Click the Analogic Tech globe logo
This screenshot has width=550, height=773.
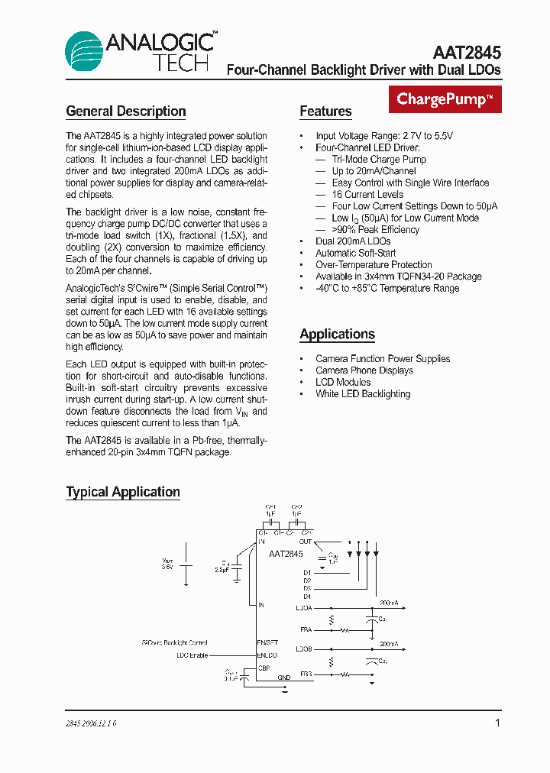[85, 51]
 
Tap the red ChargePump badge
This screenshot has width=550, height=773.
[445, 99]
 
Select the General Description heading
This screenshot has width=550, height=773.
[126, 112]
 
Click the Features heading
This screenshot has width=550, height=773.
[325, 112]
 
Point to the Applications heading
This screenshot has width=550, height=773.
[337, 335]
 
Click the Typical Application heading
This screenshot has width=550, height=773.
[123, 493]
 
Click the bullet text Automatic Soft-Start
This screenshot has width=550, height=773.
[356, 253]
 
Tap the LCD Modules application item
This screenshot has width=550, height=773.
[343, 382]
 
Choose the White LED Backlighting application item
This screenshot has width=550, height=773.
[363, 394]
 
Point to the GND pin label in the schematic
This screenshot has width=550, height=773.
[284, 678]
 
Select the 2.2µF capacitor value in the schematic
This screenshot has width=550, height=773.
[222, 570]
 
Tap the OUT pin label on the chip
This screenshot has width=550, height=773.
[306, 542]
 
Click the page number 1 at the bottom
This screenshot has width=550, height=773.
[497, 723]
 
